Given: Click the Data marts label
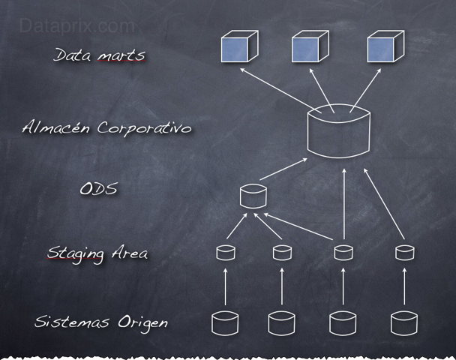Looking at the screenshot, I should coord(99,55).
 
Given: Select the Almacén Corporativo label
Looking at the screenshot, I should coord(106,127).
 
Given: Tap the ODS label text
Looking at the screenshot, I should coord(98,188).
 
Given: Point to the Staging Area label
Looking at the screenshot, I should coord(97,253).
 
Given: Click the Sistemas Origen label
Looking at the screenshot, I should coord(101,322).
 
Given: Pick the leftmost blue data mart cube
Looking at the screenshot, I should coord(238,48).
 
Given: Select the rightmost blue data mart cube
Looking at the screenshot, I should coord(385,48).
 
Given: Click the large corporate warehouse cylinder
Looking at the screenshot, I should coord(339,133).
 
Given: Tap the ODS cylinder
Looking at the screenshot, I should coord(253,196).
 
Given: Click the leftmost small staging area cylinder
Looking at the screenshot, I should coord(225,252).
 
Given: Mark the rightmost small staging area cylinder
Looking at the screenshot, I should coord(404,252).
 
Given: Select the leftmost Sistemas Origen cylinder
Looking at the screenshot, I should coord(225,322).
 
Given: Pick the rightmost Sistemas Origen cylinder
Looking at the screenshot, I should coord(404,322).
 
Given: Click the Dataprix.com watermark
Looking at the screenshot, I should coord(76,26).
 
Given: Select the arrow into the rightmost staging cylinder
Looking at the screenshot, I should coord(404,287).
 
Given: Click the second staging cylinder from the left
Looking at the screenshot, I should coord(282,252).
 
